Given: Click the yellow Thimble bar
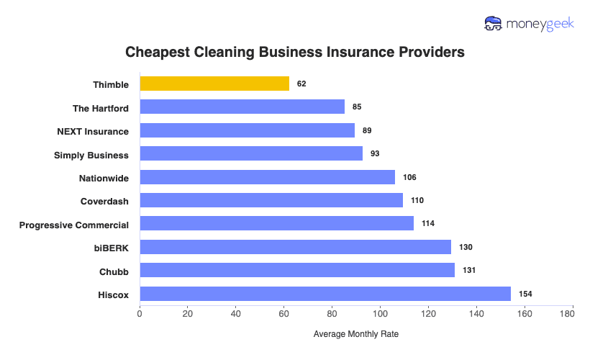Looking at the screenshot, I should click(x=214, y=84).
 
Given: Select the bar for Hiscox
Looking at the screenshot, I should click(x=325, y=294).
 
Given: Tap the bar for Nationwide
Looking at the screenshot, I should click(x=267, y=177).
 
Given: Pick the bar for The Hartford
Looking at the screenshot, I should click(x=242, y=107).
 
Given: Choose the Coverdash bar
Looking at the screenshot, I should click(x=271, y=200).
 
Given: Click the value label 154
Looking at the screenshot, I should click(x=525, y=294).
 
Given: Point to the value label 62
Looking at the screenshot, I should click(x=301, y=84).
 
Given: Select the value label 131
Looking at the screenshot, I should click(x=469, y=270).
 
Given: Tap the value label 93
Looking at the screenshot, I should click(x=375, y=154).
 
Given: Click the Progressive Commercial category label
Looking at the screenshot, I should click(x=74, y=225).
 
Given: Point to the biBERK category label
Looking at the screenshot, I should click(x=112, y=248).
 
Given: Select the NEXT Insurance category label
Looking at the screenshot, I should click(x=93, y=131).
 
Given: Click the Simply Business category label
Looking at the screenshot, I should click(x=91, y=155).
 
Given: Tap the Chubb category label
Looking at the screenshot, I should click(x=114, y=271).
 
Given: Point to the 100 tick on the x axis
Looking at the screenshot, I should click(x=380, y=314).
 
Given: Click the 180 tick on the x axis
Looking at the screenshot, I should click(x=572, y=314).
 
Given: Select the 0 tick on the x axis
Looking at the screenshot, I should click(x=140, y=314).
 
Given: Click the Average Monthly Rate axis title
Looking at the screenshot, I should click(x=356, y=335).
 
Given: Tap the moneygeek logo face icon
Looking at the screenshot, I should click(x=494, y=24).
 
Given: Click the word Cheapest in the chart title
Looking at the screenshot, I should click(x=155, y=53).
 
